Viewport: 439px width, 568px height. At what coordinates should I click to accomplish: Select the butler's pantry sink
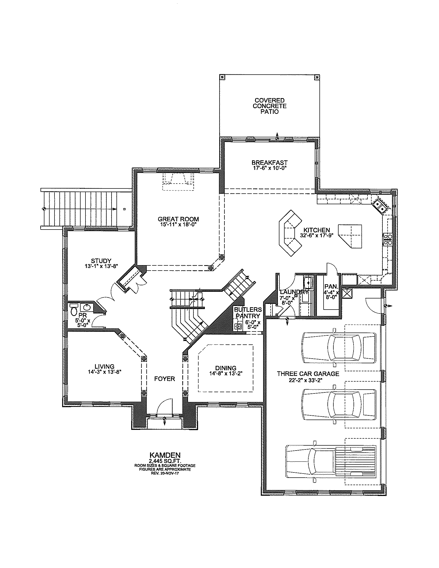coord(238,326)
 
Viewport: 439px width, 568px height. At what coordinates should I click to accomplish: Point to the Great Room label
coord(178,219)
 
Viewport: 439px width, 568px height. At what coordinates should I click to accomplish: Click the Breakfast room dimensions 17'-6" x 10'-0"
coord(270,168)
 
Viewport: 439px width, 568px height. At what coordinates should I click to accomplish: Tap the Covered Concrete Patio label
coord(270,106)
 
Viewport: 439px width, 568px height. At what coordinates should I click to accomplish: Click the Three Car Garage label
coord(308,374)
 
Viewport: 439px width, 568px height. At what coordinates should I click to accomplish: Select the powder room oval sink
coord(86,308)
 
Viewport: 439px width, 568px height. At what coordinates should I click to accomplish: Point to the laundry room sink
coord(309,281)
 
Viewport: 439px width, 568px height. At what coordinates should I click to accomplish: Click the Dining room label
coord(226,368)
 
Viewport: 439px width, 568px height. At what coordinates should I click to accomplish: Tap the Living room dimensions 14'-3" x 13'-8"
coord(105,372)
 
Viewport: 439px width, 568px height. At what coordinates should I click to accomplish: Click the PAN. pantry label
coord(331,287)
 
